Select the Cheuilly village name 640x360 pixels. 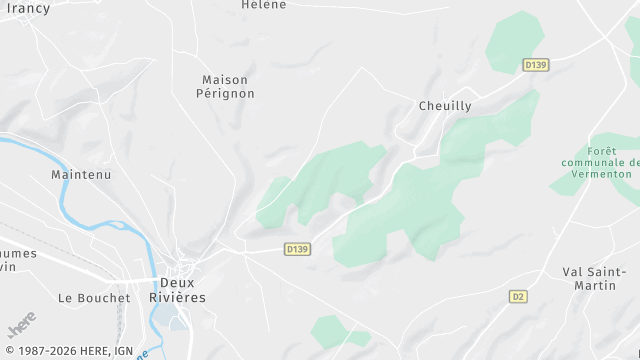click(x=445, y=106)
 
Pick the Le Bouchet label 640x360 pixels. click(x=94, y=298)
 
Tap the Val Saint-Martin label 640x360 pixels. click(x=594, y=279)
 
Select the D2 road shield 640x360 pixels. click(x=517, y=297)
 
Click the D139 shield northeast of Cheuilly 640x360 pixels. click(x=536, y=65)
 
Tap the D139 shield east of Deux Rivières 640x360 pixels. click(x=296, y=249)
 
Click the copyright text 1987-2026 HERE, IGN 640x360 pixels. click(x=69, y=351)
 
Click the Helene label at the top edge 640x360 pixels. click(x=264, y=5)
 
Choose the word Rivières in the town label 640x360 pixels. click(x=177, y=298)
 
